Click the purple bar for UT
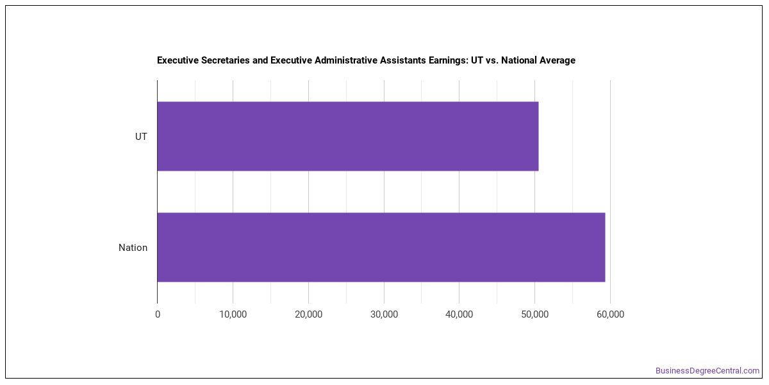[x=348, y=136]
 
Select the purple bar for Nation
[x=381, y=247]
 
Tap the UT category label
[x=141, y=137]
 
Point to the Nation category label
[x=133, y=248]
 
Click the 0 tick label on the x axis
[x=158, y=314]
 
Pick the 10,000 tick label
[x=233, y=314]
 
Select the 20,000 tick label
[x=309, y=314]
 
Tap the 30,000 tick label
[x=384, y=314]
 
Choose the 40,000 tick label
[x=459, y=314]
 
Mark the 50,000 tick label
[x=535, y=314]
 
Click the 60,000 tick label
[x=610, y=314]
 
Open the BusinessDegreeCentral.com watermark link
[x=707, y=371]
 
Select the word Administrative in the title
[x=347, y=60]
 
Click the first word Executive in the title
[x=178, y=60]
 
